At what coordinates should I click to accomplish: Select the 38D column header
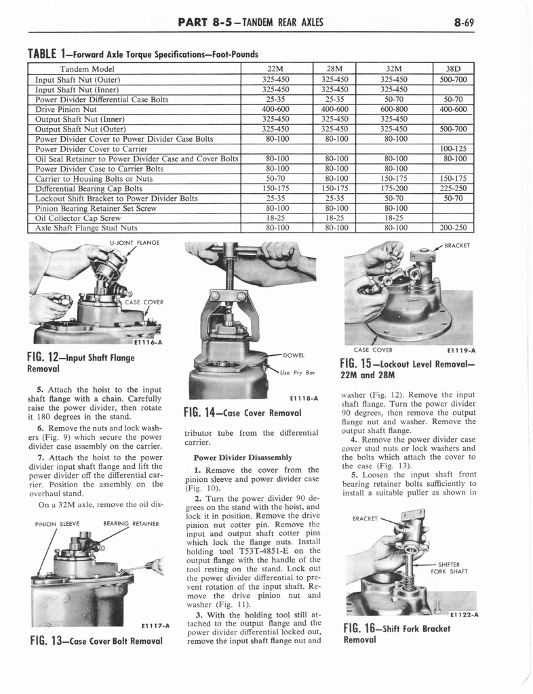(453, 68)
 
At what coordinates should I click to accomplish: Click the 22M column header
(275, 68)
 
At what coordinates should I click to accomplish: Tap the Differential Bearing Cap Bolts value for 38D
(453, 188)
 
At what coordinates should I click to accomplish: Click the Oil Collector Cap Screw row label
(78, 218)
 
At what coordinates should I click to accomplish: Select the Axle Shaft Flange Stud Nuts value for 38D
(453, 228)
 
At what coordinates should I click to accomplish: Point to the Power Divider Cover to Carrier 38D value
(453, 149)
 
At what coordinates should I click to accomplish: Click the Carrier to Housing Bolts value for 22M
(275, 179)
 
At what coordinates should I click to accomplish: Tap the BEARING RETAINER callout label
(131, 523)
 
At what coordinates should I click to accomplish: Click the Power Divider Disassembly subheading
(243, 457)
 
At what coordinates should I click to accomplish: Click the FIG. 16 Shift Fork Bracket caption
(397, 633)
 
